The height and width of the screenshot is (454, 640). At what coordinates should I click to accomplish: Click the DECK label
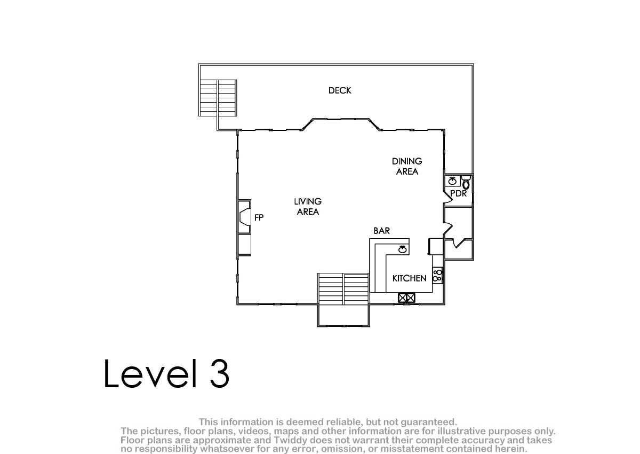339,91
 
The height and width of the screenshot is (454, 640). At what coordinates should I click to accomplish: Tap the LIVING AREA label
308,207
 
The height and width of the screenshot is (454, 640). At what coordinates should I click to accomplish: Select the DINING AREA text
407,167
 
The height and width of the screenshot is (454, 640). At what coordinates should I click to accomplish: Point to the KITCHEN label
409,278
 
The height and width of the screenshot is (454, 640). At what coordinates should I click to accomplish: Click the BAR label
381,231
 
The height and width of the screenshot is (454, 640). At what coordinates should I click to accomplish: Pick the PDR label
458,194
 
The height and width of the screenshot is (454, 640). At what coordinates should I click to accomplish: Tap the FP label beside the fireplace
259,218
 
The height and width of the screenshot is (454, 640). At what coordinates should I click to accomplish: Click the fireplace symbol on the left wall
244,217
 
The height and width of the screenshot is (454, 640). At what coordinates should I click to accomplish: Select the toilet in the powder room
466,183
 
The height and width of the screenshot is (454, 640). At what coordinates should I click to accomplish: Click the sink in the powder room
452,182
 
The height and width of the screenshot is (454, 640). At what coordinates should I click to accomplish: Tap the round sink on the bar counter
402,249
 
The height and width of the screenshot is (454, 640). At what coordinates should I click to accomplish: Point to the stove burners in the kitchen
437,276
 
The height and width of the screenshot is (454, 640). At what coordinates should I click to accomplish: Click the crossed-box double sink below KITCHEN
406,298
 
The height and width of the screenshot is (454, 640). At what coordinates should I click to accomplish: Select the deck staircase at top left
218,98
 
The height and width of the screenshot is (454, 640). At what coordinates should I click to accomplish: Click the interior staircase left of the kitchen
343,289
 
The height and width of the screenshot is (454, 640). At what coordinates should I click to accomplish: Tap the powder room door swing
447,198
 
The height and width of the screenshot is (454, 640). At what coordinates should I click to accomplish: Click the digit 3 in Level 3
219,373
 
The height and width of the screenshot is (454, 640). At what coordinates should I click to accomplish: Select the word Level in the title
150,373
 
